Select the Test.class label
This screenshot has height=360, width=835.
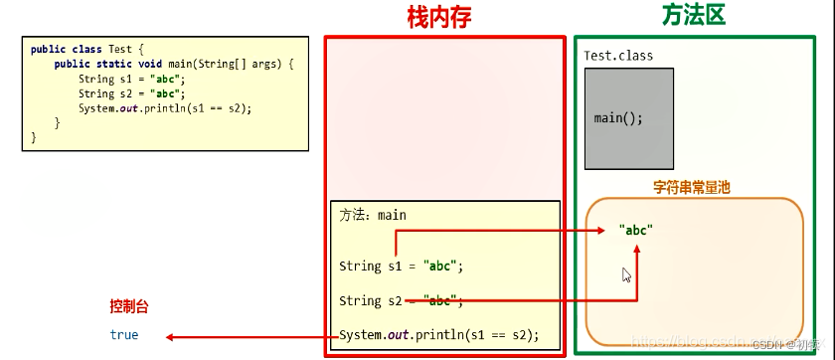pos(618,56)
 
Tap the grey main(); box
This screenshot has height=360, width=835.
pos(628,117)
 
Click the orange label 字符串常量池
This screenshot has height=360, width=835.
pos(692,187)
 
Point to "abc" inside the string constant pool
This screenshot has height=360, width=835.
pos(636,230)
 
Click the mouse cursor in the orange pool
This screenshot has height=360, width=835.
pos(627,274)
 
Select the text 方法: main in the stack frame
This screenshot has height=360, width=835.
pos(373,215)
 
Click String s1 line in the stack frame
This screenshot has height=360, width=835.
pos(402,266)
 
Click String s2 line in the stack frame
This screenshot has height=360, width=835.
pos(402,300)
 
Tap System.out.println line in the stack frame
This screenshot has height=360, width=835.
pos(438,335)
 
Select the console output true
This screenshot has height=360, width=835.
pos(124,335)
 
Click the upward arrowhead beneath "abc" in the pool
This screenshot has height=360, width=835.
pos(637,247)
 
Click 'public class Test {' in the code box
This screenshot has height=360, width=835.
pos(87,48)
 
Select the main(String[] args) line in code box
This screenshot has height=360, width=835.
pos(175,64)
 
